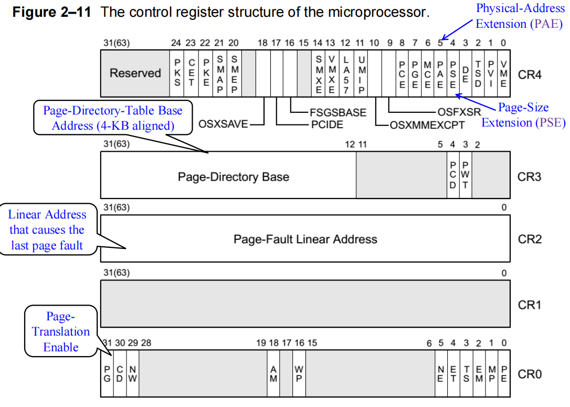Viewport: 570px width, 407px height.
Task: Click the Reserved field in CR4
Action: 135,73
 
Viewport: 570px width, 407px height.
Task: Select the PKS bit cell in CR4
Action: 177,73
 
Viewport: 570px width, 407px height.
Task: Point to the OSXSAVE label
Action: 223,125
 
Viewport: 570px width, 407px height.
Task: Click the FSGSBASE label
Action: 337,112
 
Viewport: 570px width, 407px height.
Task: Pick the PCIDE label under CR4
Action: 327,125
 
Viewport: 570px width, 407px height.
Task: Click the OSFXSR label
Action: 458,112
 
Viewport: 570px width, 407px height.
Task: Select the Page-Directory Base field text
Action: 233,177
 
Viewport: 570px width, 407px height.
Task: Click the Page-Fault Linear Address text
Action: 305,239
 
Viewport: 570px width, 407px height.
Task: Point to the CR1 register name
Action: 529,305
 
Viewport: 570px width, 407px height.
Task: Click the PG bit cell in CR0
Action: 107,374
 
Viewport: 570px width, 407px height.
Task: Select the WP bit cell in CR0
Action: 299,374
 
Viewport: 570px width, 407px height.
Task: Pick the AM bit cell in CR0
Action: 273,374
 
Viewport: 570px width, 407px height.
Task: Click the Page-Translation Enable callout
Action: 61,332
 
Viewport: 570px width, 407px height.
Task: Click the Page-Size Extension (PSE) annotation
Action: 523,115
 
